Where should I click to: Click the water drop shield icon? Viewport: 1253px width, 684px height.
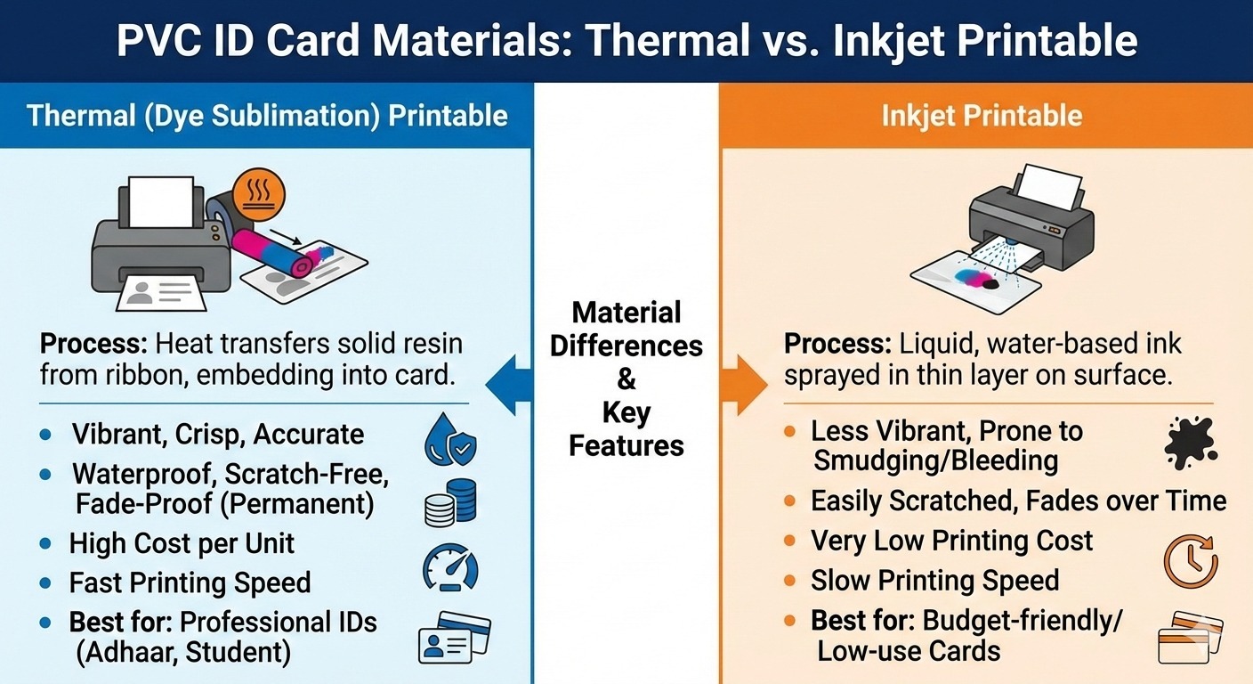click(x=450, y=440)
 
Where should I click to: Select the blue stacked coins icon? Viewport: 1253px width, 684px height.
click(x=450, y=502)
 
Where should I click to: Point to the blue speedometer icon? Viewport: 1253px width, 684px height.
click(x=450, y=567)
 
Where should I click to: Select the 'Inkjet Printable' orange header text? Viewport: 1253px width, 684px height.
click(x=982, y=116)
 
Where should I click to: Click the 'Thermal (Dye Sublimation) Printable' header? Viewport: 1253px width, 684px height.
click(x=267, y=116)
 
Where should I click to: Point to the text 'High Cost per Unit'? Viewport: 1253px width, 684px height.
click(x=182, y=543)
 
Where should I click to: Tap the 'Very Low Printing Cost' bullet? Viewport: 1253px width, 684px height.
click(x=951, y=541)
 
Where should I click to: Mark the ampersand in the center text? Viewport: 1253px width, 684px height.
click(x=626, y=379)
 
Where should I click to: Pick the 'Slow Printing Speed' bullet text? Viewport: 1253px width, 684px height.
click(x=934, y=581)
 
